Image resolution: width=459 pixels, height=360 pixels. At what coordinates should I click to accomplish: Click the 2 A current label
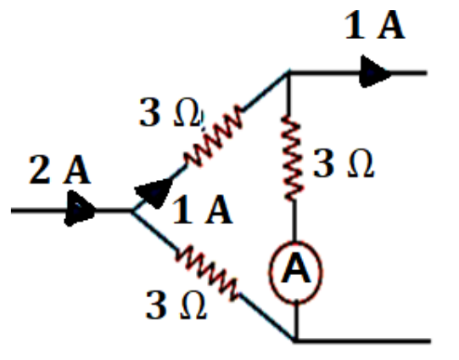59,170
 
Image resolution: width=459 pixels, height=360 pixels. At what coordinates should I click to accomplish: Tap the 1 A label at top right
375,25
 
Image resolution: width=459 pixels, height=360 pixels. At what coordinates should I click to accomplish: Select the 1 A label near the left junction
203,210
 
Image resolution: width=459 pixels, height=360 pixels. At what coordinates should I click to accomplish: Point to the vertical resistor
292,158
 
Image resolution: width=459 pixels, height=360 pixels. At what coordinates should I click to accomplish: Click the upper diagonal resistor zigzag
215,135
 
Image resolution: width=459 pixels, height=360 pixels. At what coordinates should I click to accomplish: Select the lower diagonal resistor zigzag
207,273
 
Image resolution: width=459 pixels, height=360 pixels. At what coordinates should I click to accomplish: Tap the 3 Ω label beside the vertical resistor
344,164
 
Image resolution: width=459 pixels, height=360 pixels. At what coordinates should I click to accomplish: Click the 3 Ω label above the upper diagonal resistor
171,112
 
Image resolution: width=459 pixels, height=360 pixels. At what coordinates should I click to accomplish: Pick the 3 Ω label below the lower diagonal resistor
176,305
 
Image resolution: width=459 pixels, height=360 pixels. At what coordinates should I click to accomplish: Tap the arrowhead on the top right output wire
375,71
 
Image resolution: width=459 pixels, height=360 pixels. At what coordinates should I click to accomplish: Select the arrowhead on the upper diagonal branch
154,193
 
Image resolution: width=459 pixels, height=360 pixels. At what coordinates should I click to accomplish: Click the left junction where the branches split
132,211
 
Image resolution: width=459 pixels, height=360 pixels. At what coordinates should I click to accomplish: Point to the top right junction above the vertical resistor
288,73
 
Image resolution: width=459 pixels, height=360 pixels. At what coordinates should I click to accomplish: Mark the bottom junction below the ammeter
295,340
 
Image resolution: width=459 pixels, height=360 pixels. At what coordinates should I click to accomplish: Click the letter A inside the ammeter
295,268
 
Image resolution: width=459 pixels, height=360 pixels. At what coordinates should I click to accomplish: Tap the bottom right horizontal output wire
363,340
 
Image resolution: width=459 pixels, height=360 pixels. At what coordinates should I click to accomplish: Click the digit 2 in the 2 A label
39,170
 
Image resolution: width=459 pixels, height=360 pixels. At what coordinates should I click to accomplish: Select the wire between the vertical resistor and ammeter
295,221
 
